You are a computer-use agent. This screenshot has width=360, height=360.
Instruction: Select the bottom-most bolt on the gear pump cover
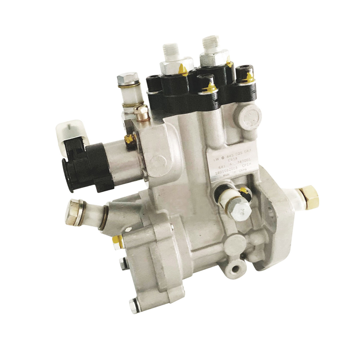(134, 306)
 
